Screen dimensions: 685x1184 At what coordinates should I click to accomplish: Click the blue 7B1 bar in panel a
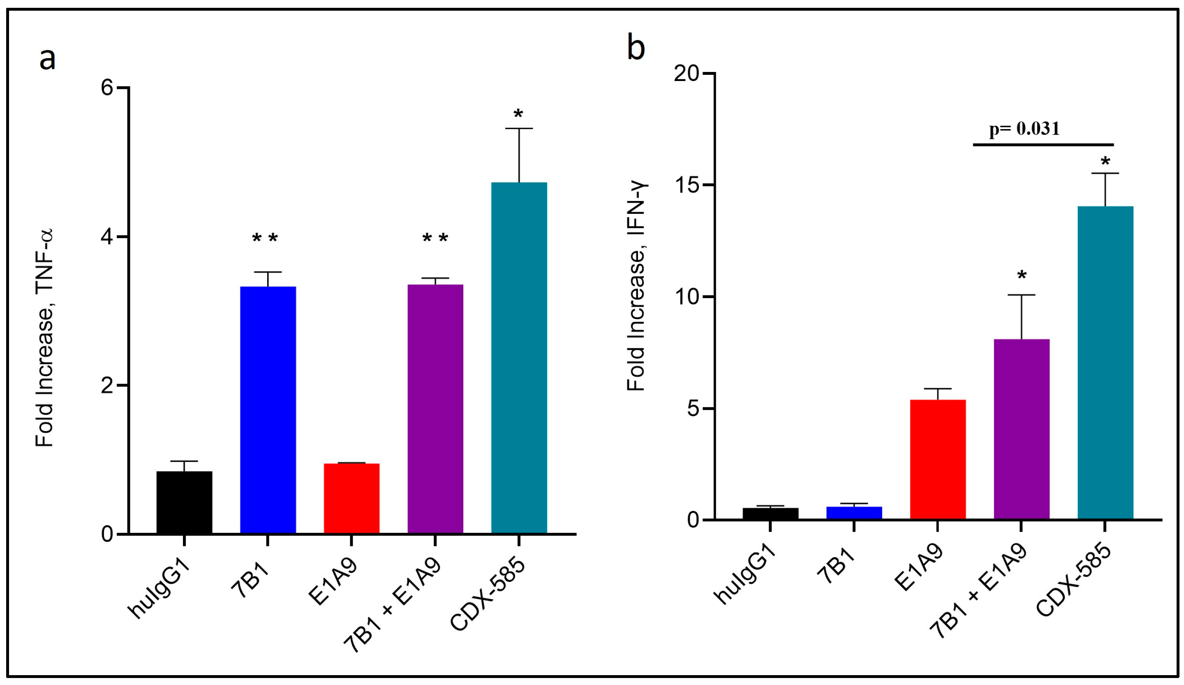point(268,409)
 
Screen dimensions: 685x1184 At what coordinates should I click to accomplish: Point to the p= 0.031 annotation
point(1024,129)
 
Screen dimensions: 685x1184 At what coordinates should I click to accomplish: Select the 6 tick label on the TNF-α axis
point(108,88)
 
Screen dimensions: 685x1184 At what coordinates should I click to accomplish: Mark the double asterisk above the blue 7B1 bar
point(265,238)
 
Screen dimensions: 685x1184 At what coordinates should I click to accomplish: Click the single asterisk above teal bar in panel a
point(518,114)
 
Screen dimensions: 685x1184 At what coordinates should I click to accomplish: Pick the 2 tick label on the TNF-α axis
point(108,385)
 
